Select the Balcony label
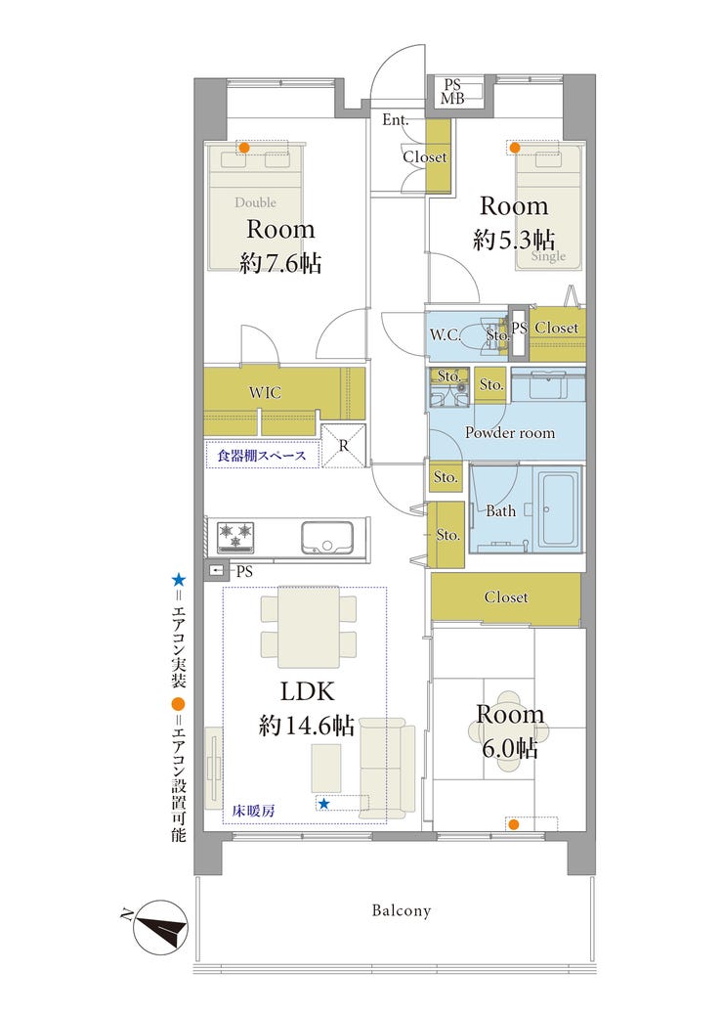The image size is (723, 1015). pyautogui.click(x=401, y=910)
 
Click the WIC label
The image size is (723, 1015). pyautogui.click(x=265, y=392)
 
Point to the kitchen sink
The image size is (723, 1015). pyautogui.click(x=327, y=537)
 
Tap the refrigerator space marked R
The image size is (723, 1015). pyautogui.click(x=343, y=445)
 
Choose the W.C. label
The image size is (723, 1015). pyautogui.click(x=445, y=334)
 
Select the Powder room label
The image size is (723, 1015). pyautogui.click(x=510, y=432)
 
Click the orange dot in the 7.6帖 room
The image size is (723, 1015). pyautogui.click(x=244, y=148)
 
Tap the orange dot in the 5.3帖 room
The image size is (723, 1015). pyautogui.click(x=515, y=148)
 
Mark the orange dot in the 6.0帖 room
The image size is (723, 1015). pyautogui.click(x=513, y=824)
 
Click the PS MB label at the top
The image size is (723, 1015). pyautogui.click(x=452, y=91)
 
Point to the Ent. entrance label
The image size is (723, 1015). pyautogui.click(x=395, y=119)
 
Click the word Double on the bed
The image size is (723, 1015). pyautogui.click(x=255, y=202)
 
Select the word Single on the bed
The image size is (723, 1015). pyautogui.click(x=548, y=256)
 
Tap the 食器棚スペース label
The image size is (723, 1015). pyautogui.click(x=261, y=456)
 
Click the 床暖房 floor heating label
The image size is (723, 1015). pyautogui.click(x=253, y=811)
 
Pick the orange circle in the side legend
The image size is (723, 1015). pyautogui.click(x=178, y=704)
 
